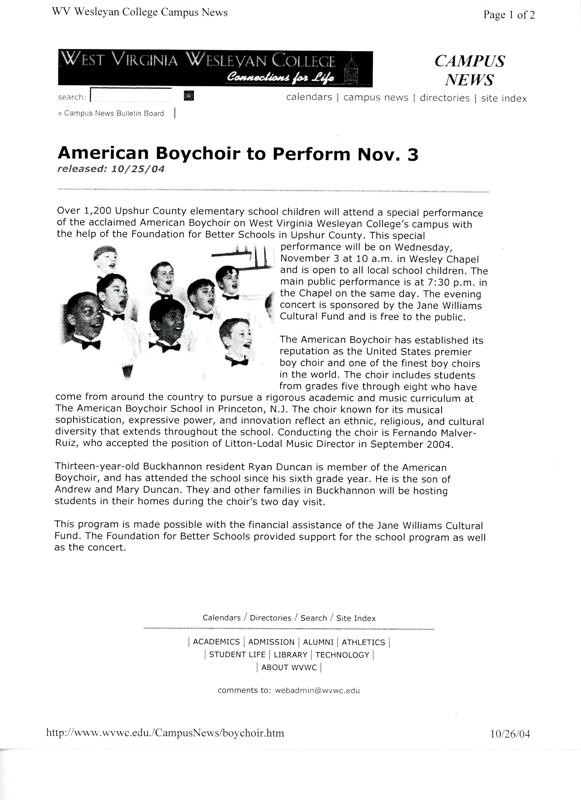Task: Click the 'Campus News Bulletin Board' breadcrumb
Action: (x=113, y=114)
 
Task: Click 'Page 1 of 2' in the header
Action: (x=509, y=15)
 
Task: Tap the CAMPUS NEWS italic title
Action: (x=469, y=70)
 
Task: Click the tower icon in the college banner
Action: (x=351, y=69)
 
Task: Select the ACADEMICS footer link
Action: (x=216, y=642)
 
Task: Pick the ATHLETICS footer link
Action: (x=363, y=642)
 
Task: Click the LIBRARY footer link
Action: (x=290, y=655)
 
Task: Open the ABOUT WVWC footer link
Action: (x=289, y=667)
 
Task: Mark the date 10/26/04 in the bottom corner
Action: (x=510, y=734)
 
